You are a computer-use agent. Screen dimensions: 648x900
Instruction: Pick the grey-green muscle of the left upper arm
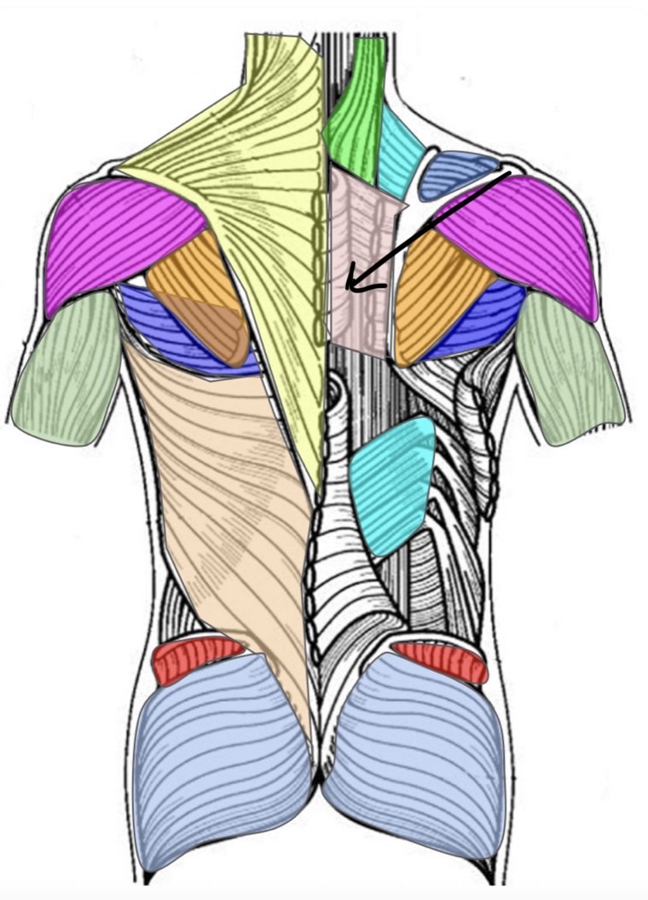(x=68, y=366)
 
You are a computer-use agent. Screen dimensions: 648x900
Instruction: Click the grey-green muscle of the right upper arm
(x=567, y=366)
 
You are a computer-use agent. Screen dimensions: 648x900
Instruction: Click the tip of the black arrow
(x=349, y=289)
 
